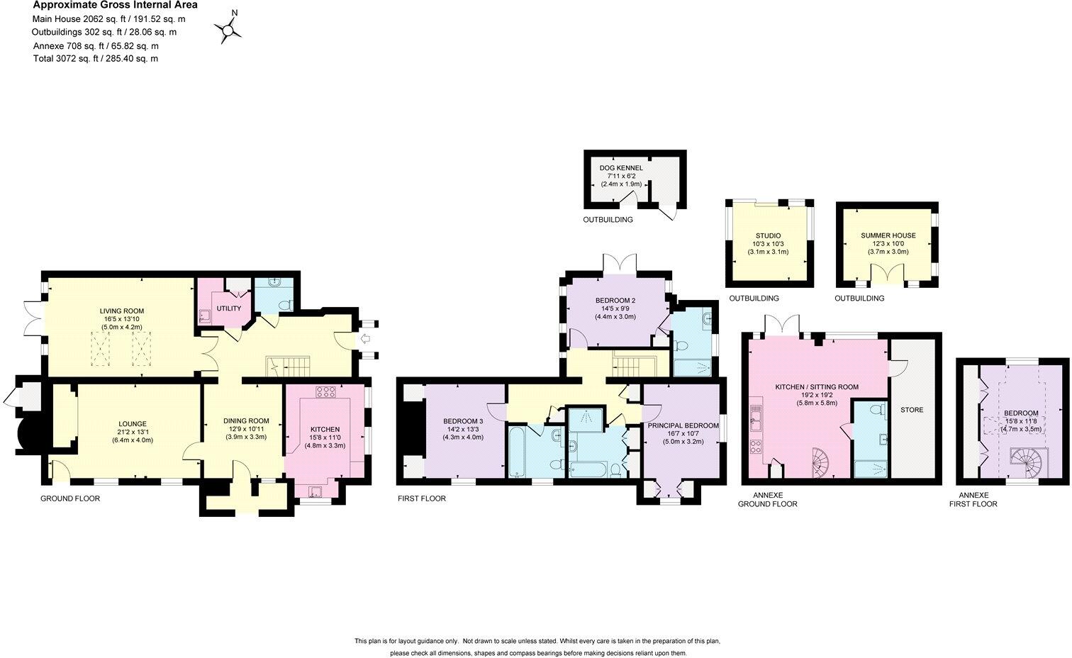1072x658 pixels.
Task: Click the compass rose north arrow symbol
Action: [x=228, y=29]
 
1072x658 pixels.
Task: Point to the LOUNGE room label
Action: [x=133, y=424]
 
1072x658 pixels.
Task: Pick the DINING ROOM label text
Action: [x=245, y=421]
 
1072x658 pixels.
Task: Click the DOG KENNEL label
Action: [x=621, y=168]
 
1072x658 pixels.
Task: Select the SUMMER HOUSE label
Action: [x=888, y=235]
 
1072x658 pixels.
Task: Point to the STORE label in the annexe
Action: [x=911, y=410]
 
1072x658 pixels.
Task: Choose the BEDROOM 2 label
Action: [x=615, y=301]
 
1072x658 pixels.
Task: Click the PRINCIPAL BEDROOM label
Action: [x=682, y=426]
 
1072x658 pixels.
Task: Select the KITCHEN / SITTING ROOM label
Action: [x=816, y=387]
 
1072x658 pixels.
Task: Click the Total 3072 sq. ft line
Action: [x=96, y=59]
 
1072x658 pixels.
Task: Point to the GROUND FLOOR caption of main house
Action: [x=70, y=498]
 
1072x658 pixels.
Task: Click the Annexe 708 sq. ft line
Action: [x=96, y=46]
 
